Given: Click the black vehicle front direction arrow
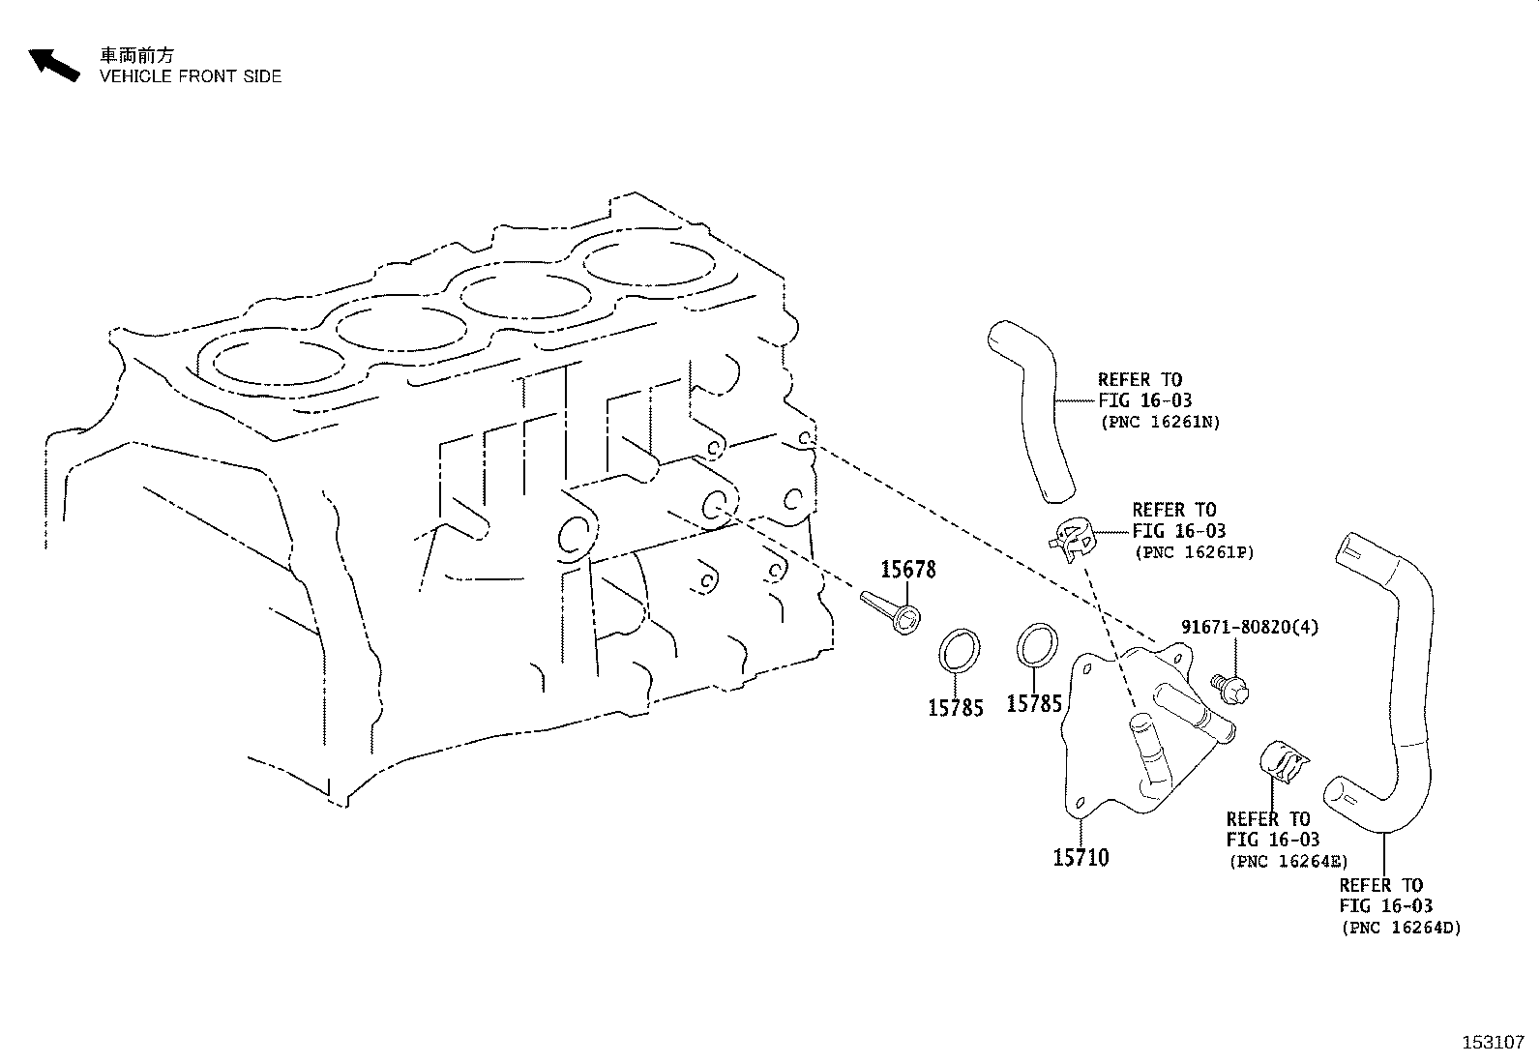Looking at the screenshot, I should [53, 65].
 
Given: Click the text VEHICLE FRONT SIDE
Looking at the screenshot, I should [191, 76].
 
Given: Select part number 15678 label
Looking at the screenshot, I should [908, 570].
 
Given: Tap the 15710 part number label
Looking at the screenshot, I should [1081, 857].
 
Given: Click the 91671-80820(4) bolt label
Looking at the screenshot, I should [1249, 627].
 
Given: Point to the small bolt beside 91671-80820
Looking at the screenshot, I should [1230, 688].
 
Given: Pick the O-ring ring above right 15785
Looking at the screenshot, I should [1037, 644].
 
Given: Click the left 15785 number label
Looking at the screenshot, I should [956, 708].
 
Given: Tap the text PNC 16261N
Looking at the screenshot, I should [1160, 423].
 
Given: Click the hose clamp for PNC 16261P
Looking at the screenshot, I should [1073, 539].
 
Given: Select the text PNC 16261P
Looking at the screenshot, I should [1194, 552].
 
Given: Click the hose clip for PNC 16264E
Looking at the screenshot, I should [1282, 762].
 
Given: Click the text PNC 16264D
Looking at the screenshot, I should [1401, 928].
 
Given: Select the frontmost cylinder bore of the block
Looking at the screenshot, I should [279, 361].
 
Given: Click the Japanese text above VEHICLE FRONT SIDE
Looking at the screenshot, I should [137, 55].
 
